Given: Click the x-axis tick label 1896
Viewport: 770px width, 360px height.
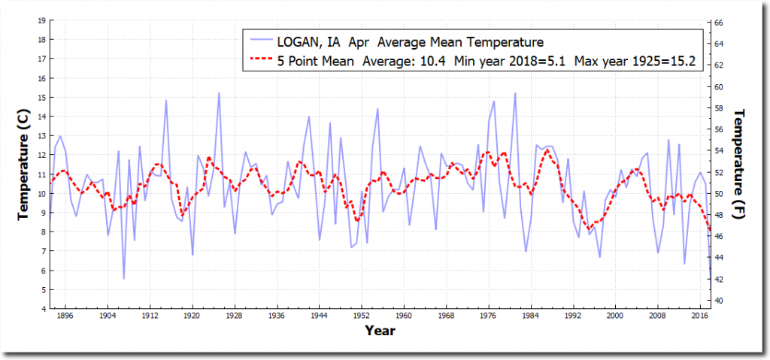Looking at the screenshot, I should click(65, 316).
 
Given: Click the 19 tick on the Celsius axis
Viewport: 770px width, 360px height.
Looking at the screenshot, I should click(40, 20).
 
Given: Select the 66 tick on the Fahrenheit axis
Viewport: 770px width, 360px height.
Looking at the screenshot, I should click(719, 23).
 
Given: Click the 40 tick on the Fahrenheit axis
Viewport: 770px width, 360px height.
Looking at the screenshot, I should click(719, 301).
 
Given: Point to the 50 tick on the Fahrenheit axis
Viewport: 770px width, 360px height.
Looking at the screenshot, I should click(719, 193).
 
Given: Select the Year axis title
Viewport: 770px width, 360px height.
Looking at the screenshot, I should click(380, 330).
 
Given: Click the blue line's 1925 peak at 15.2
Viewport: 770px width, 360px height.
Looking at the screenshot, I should click(219, 93).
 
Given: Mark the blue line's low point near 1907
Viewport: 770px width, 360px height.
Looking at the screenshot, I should click(124, 279).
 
